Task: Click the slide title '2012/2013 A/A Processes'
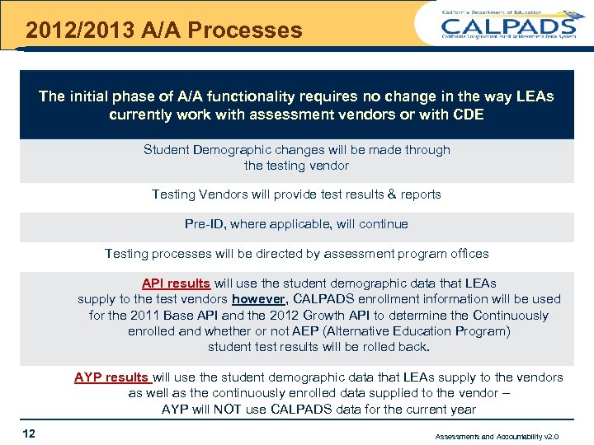[163, 30]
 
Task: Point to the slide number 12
[29, 433]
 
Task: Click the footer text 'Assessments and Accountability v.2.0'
[497, 436]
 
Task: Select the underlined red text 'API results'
[176, 283]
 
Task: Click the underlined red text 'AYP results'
[112, 377]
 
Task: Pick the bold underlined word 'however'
[258, 299]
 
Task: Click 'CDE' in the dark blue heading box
[469, 115]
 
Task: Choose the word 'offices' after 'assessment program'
[467, 254]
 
